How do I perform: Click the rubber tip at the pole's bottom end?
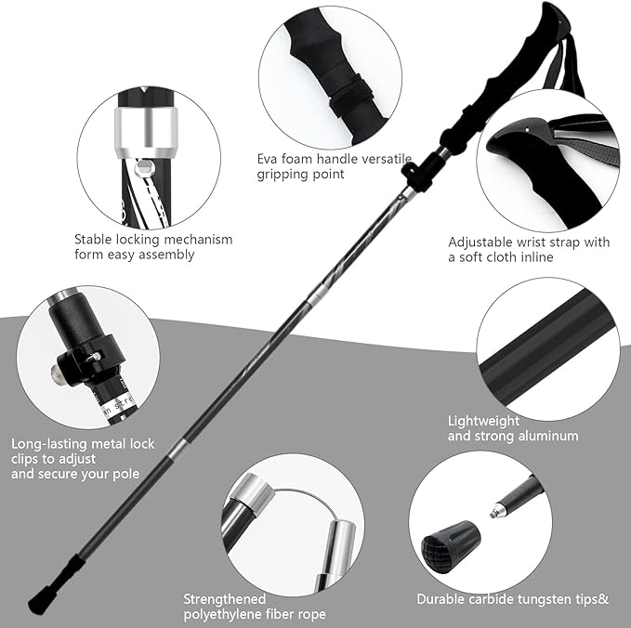39,602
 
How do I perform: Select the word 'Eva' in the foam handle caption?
269,158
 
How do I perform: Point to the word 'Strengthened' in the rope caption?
224,599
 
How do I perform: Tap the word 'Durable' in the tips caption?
440,599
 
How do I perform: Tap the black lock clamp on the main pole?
419,172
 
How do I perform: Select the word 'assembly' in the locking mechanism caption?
167,254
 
